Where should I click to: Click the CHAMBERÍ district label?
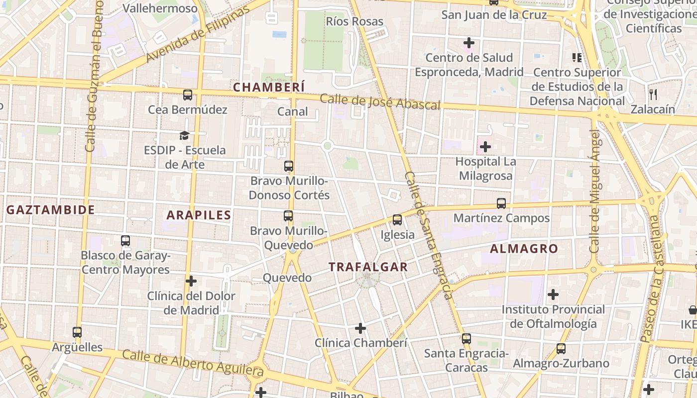tap(269, 87)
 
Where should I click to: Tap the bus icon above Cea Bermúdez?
tap(188, 95)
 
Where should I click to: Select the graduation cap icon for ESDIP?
tap(185, 135)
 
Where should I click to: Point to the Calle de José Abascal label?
tap(380, 102)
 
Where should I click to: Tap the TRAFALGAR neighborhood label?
tap(368, 267)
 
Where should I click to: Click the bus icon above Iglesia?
tap(397, 219)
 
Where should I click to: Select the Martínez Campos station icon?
tap(501, 203)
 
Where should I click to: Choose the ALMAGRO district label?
tap(524, 249)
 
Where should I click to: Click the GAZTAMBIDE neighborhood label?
tap(50, 210)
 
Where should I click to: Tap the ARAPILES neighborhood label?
tap(199, 215)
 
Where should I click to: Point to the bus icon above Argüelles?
tap(77, 332)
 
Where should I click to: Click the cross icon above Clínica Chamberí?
tap(360, 328)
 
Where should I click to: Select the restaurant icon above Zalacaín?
tap(653, 94)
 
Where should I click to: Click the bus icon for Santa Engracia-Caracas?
tap(466, 339)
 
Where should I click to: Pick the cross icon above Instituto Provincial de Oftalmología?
tap(553, 295)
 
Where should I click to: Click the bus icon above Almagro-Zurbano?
tap(561, 349)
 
